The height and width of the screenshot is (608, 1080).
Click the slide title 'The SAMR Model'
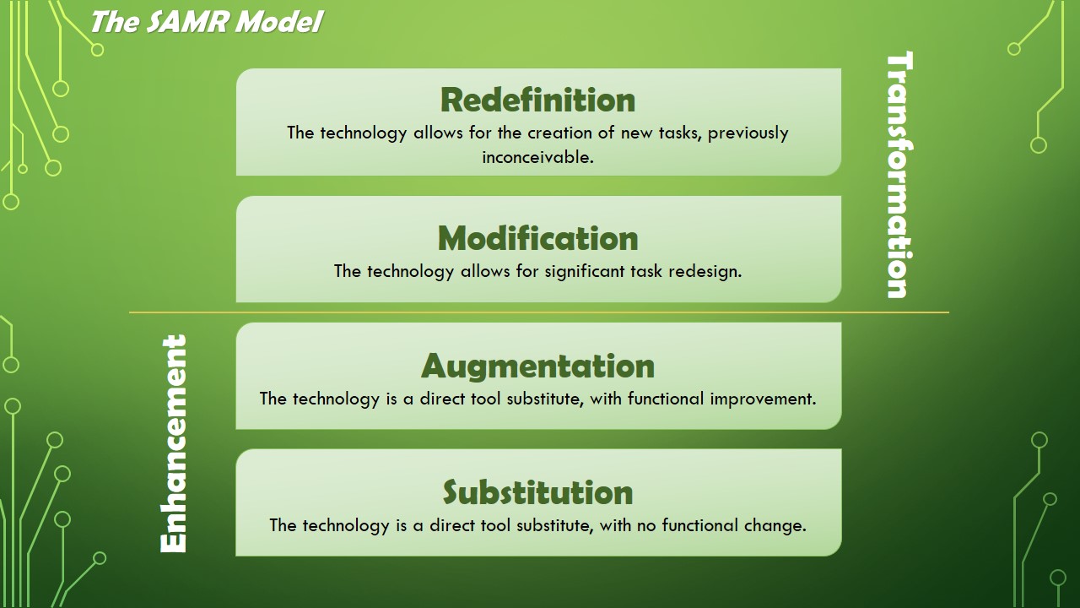pos(207,22)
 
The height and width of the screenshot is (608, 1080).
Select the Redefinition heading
pos(537,100)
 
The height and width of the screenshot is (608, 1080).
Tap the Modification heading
pos(537,238)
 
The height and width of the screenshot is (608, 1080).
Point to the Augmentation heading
pos(537,366)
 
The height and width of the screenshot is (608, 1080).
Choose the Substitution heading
pos(537,492)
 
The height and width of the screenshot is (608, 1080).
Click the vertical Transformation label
pos(899,175)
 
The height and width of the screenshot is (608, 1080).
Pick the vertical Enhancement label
pos(173,443)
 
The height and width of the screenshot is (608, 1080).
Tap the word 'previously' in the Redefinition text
pos(748,133)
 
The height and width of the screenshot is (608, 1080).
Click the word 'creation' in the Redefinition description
pos(559,133)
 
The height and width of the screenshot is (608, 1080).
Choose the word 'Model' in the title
pos(278,22)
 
